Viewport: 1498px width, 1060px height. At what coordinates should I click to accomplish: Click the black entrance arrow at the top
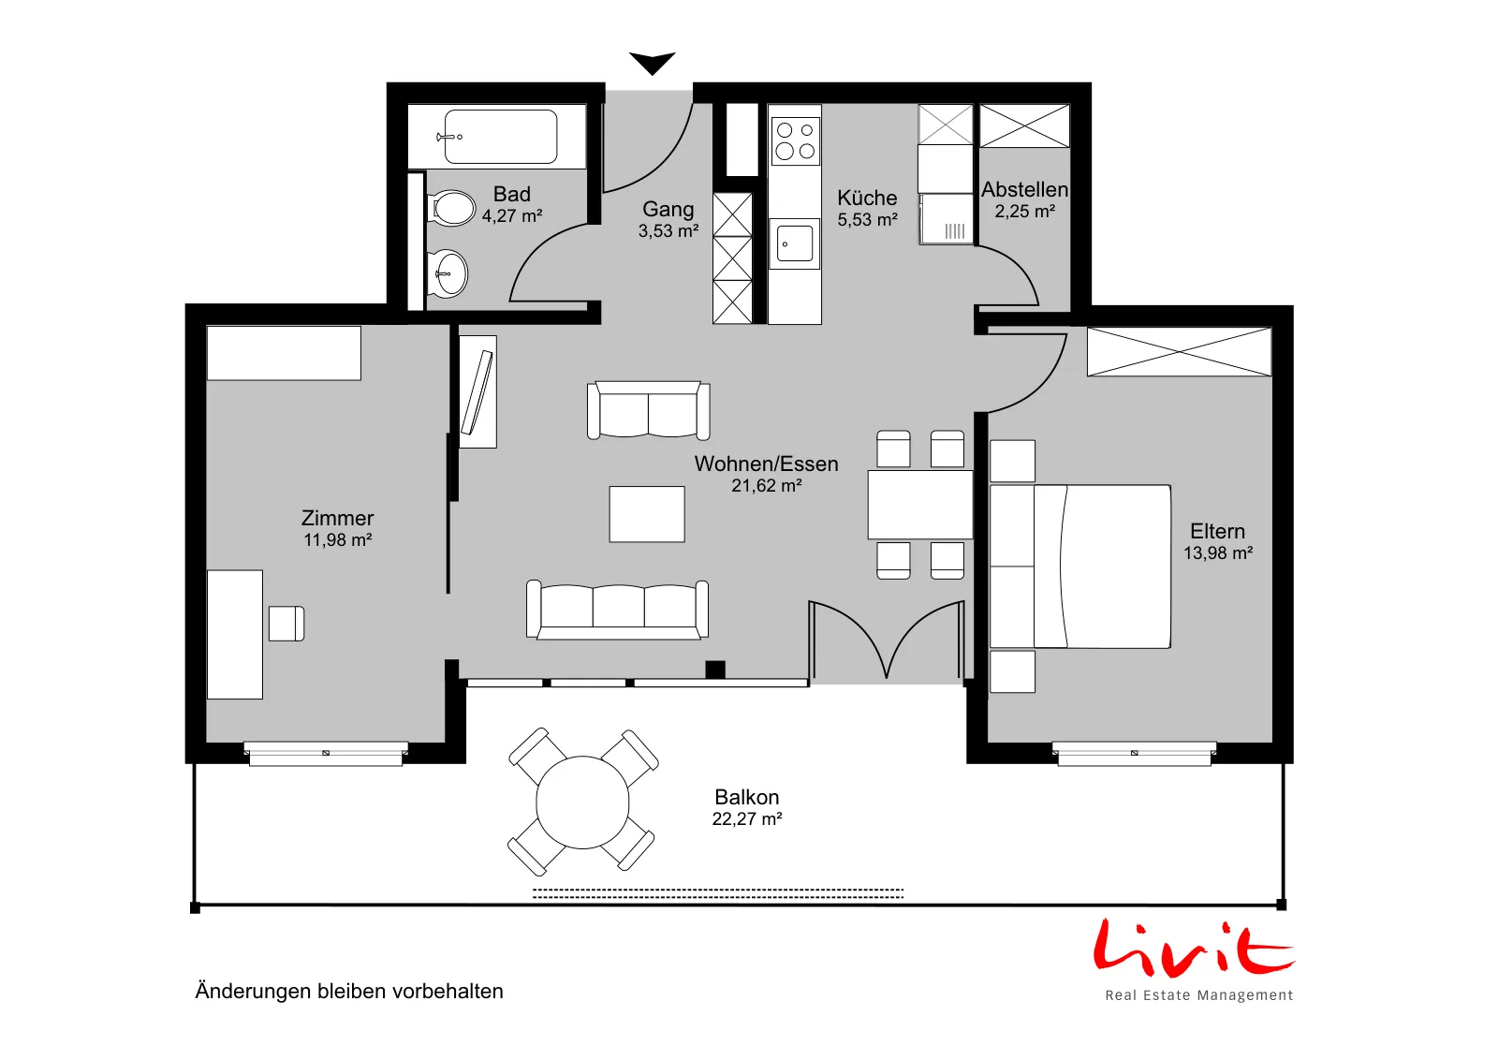pyautogui.click(x=652, y=62)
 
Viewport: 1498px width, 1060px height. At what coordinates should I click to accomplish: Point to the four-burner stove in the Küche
pyautogui.click(x=795, y=140)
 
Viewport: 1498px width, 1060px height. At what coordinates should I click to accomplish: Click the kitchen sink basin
pyautogui.click(x=795, y=243)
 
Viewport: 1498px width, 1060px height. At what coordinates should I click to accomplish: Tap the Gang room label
pyautogui.click(x=668, y=209)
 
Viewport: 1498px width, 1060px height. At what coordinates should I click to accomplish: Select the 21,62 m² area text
pyautogui.click(x=767, y=486)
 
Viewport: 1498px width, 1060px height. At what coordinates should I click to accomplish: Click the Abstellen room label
pyautogui.click(x=1024, y=189)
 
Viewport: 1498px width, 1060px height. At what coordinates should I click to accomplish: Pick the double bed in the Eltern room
pyautogui.click(x=1080, y=567)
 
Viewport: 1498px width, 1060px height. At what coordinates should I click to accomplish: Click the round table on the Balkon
pyautogui.click(x=582, y=802)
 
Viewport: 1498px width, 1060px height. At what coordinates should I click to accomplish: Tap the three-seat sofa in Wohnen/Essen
pyautogui.click(x=617, y=610)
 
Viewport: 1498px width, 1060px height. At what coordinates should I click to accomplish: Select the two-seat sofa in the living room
pyautogui.click(x=648, y=410)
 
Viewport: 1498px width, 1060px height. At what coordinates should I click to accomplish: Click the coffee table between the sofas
pyautogui.click(x=647, y=514)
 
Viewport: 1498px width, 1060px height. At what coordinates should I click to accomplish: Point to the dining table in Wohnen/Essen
pyautogui.click(x=920, y=505)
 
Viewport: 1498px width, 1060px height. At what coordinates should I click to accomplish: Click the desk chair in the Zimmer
pyautogui.click(x=286, y=624)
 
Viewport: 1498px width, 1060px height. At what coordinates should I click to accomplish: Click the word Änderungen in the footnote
pyautogui.click(x=253, y=991)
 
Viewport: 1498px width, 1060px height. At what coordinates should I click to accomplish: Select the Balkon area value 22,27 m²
pyautogui.click(x=747, y=818)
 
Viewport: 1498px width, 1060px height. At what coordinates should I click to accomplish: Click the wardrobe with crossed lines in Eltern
pyautogui.click(x=1179, y=351)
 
